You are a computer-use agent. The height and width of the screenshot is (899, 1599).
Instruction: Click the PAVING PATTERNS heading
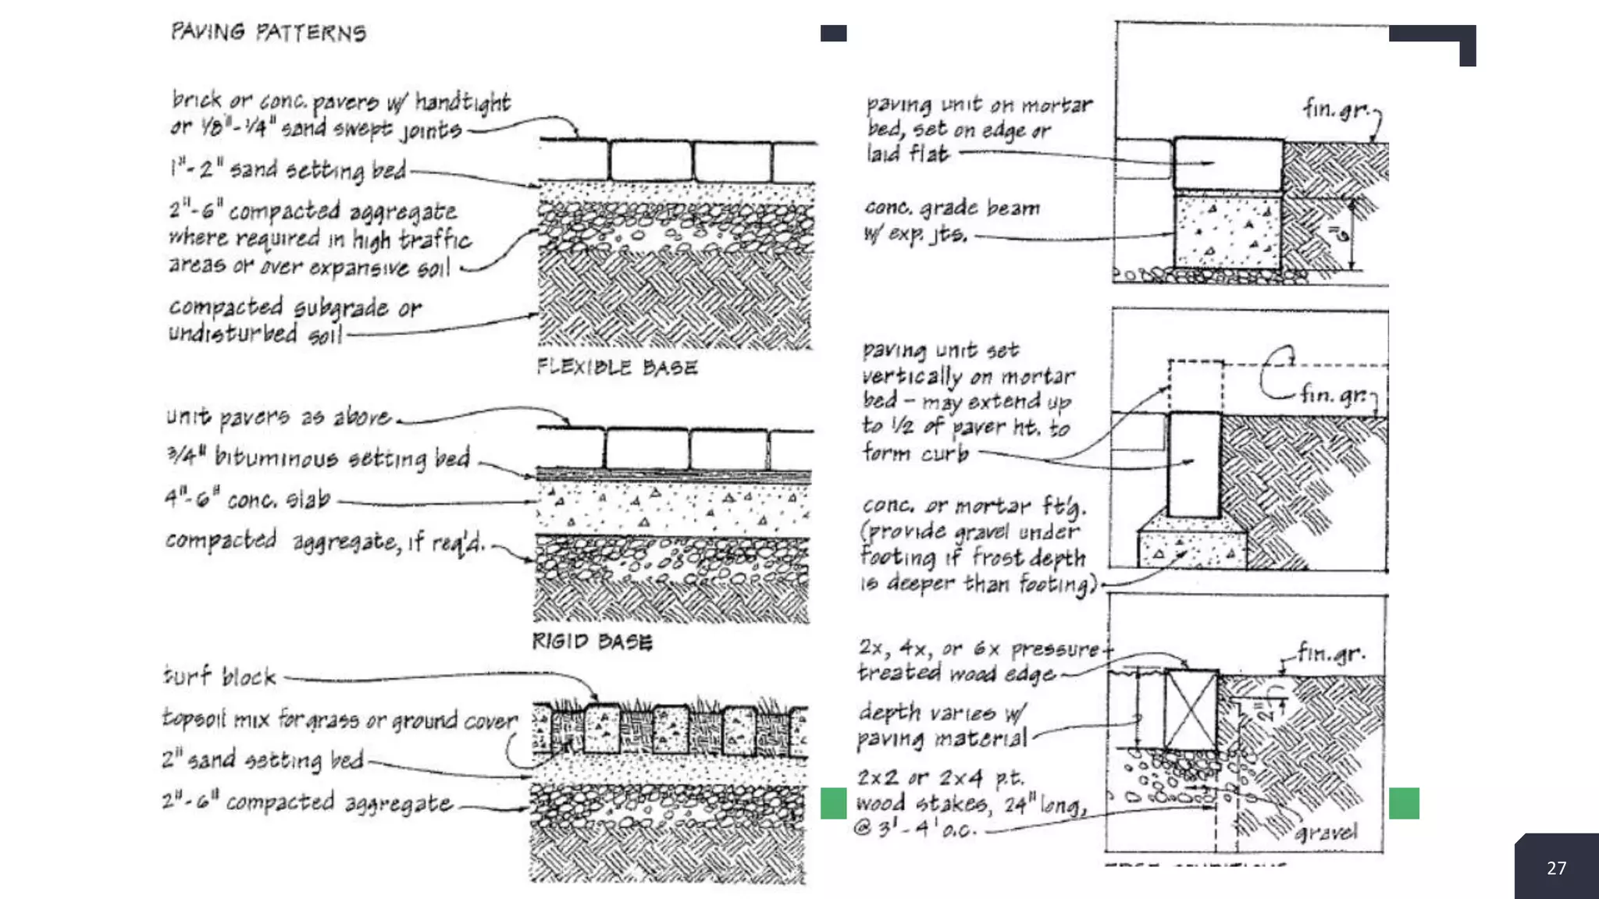tap(269, 32)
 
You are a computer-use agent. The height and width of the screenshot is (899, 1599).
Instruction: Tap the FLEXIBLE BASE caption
tap(617, 367)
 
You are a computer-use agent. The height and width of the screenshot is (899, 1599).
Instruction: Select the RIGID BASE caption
tap(592, 641)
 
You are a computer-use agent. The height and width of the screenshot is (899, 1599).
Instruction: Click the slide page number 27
tap(1556, 868)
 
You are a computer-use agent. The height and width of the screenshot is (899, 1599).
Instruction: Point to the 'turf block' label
tap(219, 676)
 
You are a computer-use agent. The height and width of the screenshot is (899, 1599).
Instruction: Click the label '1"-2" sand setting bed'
tap(288, 169)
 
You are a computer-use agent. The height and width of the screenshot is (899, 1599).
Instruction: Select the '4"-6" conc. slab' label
tap(248, 499)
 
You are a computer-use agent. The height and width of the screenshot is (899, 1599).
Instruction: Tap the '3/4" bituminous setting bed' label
tap(319, 457)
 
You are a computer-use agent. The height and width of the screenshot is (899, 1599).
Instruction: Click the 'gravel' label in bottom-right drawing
tap(1326, 833)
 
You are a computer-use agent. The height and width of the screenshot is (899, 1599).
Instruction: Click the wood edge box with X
tap(1191, 710)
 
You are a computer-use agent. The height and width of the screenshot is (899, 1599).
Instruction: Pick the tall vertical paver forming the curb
tap(1195, 465)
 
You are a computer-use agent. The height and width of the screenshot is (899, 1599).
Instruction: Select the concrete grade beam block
tap(1227, 232)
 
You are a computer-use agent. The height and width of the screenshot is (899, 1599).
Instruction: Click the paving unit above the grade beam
tap(1228, 165)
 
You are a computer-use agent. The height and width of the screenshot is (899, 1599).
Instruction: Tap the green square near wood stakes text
tap(833, 803)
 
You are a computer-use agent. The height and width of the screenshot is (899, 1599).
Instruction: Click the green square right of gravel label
tap(1403, 803)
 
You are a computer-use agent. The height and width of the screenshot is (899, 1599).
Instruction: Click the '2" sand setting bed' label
tap(262, 759)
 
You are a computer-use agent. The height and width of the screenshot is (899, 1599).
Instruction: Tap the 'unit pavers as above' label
tap(278, 417)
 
